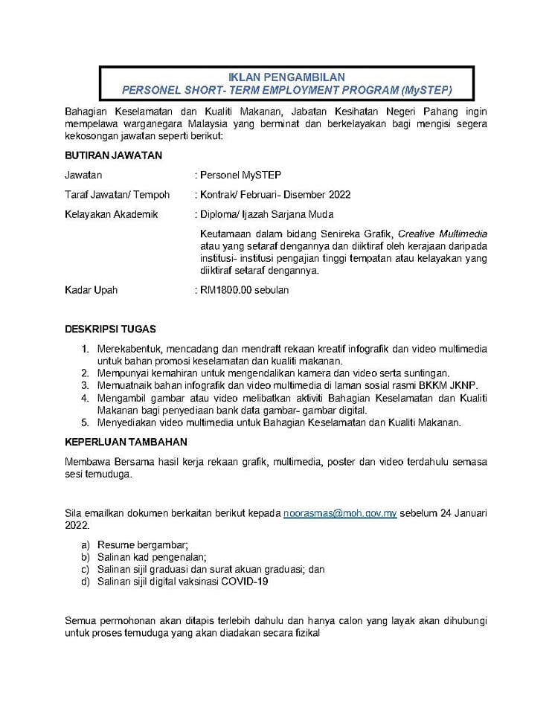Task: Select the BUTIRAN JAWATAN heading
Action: pos(113,155)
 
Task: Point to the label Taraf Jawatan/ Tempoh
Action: pos(118,195)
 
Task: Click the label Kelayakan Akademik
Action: pos(112,214)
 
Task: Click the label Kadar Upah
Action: pos(92,290)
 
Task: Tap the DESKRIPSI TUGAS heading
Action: pos(111,329)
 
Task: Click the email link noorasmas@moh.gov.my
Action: pos(340,514)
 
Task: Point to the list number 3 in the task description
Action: pos(86,385)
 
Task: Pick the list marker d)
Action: pos(86,582)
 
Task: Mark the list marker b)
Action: pos(86,556)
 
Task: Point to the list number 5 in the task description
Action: pos(86,422)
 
